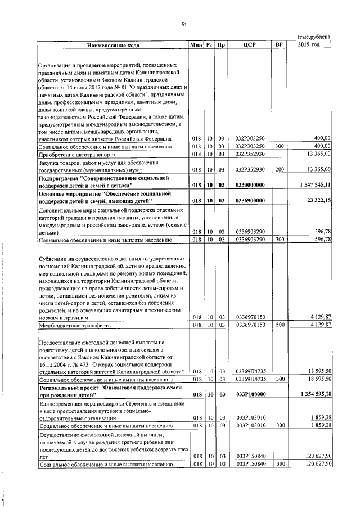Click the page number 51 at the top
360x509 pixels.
[184, 24]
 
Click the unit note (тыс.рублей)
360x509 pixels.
[313, 37]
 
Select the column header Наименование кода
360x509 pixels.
[112, 44]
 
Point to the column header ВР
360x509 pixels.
[277, 44]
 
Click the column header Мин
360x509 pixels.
[196, 44]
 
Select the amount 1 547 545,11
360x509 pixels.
[313, 184]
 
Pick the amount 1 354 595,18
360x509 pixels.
[313, 394]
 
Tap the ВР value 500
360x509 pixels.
[277, 326]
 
